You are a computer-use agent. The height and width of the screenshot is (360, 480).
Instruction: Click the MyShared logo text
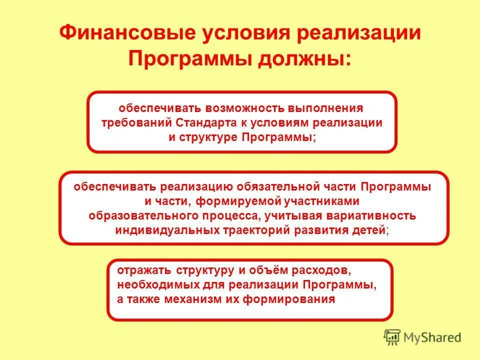tap(433, 337)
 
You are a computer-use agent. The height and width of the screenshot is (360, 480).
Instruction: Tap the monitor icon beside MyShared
tap(392, 337)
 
